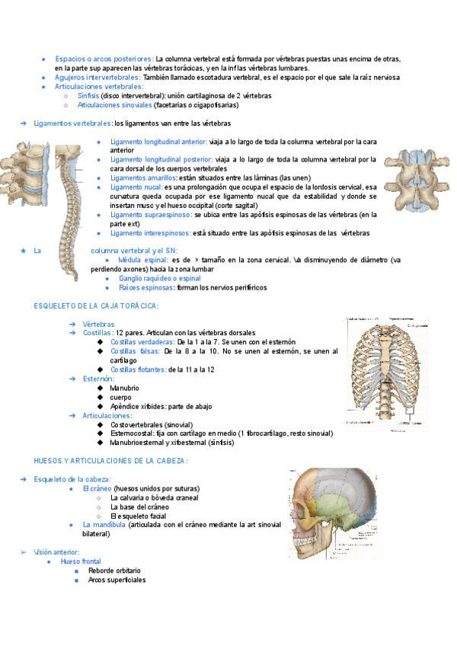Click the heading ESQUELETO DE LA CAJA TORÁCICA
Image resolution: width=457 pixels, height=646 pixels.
pos(96,305)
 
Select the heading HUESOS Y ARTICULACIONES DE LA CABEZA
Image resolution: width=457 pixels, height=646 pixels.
pos(110,461)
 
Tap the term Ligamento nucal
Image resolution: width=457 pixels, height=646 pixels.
pos(136,187)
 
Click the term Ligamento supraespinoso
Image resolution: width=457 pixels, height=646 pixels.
pos(151,215)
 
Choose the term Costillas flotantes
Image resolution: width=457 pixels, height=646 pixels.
pos(138,369)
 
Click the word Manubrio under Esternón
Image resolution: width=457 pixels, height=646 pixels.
pos(124,388)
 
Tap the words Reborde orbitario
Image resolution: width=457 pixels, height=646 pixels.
pos(114,571)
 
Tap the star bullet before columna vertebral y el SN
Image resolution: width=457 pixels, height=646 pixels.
pos(24,251)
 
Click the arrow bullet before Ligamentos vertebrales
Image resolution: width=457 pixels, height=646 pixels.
pos(24,123)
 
